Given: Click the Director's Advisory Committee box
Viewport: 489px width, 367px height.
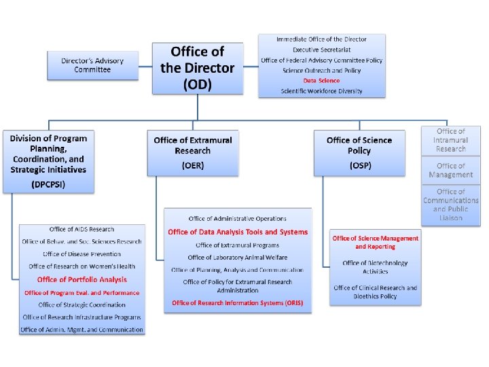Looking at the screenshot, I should click(x=92, y=65).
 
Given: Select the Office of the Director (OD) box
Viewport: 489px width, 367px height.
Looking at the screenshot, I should click(x=197, y=68).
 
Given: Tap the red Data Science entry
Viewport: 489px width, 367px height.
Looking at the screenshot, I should click(x=321, y=80).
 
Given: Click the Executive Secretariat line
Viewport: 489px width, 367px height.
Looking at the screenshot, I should click(x=321, y=50).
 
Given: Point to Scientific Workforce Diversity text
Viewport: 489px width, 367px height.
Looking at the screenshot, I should click(x=321, y=90).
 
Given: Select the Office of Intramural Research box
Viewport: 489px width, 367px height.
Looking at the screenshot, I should click(x=451, y=140).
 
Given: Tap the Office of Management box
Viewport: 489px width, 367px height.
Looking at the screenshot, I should click(x=451, y=170).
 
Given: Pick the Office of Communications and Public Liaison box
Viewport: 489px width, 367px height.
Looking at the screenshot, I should click(x=451, y=205).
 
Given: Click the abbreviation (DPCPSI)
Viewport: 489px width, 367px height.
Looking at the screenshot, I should click(x=48, y=183).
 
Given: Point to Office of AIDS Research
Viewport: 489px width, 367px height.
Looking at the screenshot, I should click(x=81, y=229).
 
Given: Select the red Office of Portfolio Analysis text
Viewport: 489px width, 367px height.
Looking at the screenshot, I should click(x=81, y=279).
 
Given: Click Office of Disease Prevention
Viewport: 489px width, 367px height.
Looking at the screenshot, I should click(x=81, y=254).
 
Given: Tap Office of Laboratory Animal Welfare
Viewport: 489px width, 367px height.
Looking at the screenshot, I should click(x=238, y=258).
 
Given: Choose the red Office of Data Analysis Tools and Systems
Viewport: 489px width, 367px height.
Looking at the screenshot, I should click(x=238, y=232).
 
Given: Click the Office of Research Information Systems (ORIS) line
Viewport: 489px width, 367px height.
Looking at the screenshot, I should click(x=238, y=302).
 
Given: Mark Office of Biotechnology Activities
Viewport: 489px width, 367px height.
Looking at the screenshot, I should click(x=375, y=267).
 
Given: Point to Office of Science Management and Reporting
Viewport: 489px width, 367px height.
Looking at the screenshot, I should click(x=375, y=242).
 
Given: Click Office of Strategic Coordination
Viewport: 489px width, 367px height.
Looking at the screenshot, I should click(x=81, y=305).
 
